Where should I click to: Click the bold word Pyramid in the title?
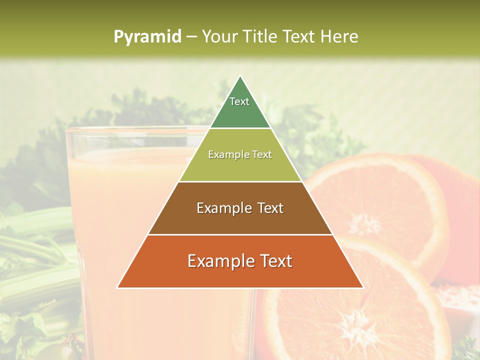click(147, 36)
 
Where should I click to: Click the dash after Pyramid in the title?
click(191, 37)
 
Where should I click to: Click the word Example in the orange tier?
click(217, 261)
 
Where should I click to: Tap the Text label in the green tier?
click(239, 101)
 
